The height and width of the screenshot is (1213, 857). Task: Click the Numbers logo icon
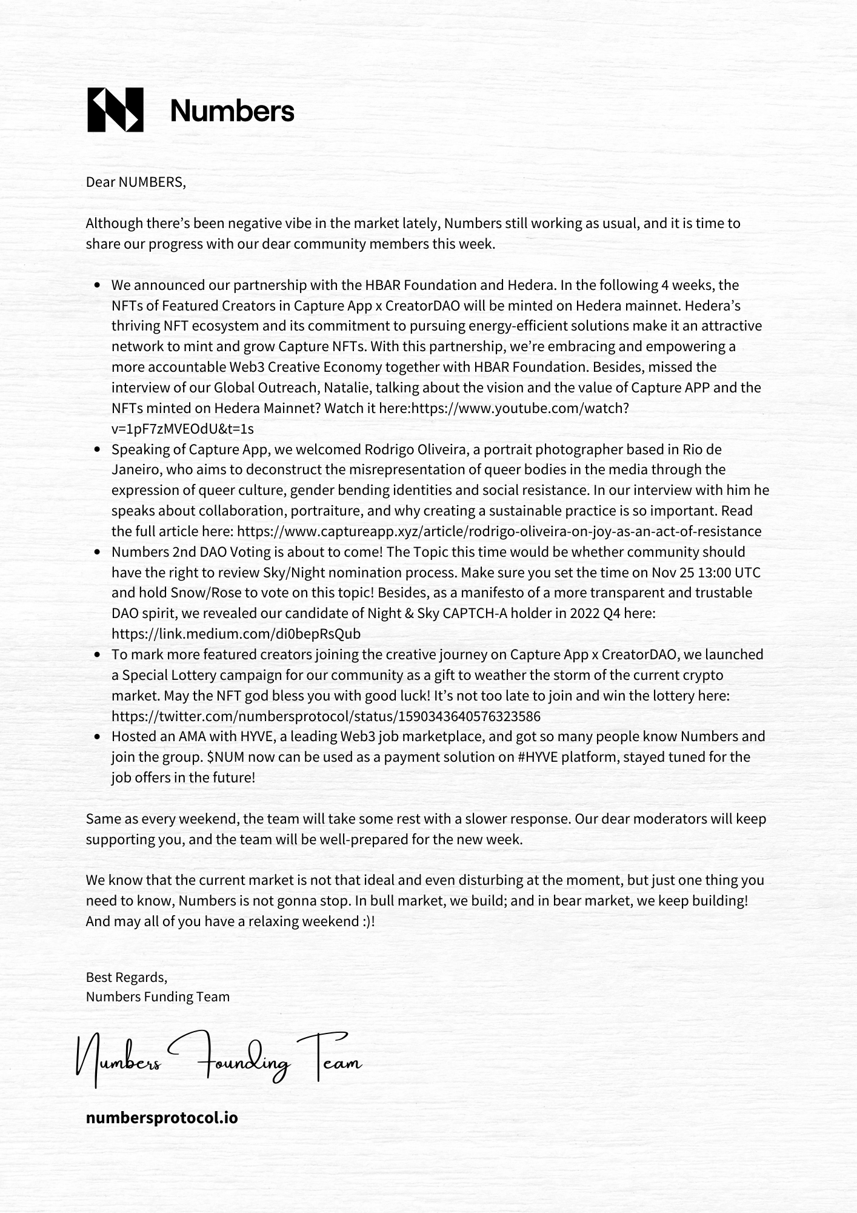point(116,110)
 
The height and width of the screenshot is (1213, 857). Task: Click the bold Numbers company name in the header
point(232,111)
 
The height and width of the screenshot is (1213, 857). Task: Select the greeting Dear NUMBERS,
point(136,182)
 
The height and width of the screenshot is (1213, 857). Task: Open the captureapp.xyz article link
point(499,531)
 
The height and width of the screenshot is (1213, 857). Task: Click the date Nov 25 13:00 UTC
point(705,573)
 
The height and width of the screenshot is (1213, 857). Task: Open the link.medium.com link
point(236,634)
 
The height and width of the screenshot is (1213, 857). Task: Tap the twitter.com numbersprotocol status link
point(325,716)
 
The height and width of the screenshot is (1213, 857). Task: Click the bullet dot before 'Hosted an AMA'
point(98,737)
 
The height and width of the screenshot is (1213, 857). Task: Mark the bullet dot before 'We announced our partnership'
point(98,285)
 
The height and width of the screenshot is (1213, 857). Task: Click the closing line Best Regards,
point(126,977)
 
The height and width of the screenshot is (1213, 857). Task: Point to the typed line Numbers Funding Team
point(158,996)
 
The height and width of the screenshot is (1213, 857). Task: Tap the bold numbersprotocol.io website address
point(162,1118)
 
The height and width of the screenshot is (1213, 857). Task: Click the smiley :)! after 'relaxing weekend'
point(365,921)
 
